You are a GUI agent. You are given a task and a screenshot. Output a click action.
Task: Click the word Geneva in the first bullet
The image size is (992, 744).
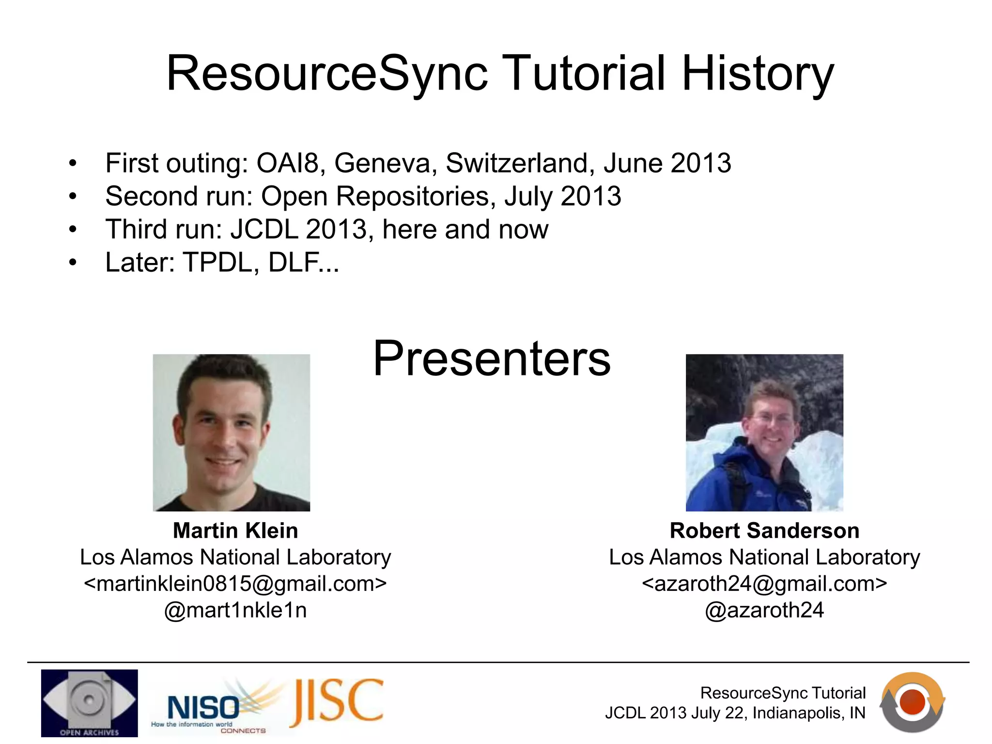pos(382,163)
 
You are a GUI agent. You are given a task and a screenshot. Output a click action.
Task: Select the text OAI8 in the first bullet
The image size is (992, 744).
pos(288,163)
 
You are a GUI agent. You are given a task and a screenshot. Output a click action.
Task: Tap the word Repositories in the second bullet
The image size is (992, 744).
pos(414,196)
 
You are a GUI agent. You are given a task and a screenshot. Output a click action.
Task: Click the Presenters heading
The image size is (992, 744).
pos(491,358)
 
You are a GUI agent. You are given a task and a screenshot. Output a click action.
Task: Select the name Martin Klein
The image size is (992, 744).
pos(235,530)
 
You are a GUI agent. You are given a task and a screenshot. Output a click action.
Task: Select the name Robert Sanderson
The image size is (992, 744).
pos(764,530)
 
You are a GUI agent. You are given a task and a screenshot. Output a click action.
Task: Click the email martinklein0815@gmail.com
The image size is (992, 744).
pos(235,583)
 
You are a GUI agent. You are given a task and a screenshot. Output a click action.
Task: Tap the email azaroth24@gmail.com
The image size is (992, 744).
pos(764,583)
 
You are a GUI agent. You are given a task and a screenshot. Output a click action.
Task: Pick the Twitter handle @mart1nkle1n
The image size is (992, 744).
pos(235,610)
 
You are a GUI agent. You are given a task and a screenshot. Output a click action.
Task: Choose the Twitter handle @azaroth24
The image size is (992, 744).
pos(764,610)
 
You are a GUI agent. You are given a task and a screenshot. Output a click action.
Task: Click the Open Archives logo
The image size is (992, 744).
pos(89,702)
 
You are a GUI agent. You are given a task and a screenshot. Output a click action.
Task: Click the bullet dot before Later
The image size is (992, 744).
pos(73,263)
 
